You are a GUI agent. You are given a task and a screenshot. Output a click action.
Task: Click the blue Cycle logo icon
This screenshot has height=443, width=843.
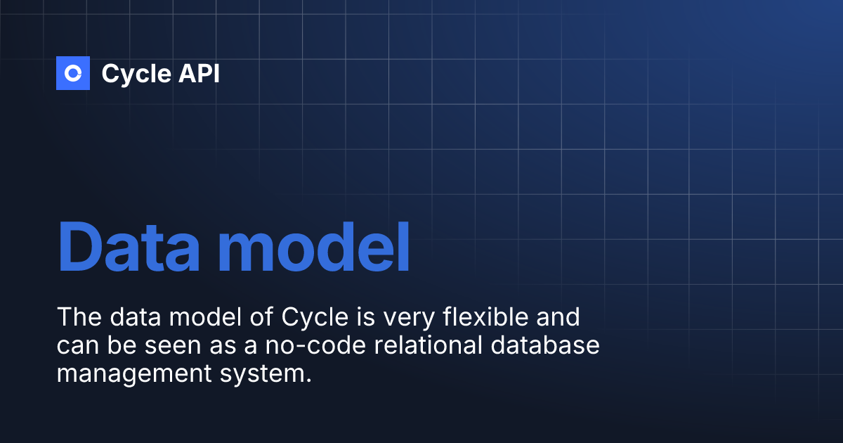point(73,73)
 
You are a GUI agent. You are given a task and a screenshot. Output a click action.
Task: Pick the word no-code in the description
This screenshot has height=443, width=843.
point(325,346)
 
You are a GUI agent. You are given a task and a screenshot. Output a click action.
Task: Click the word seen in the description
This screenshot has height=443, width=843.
point(199,346)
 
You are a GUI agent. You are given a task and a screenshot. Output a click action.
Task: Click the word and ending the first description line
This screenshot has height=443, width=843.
point(555,317)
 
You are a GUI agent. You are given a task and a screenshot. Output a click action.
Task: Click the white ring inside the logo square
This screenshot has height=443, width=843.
point(74,73)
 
